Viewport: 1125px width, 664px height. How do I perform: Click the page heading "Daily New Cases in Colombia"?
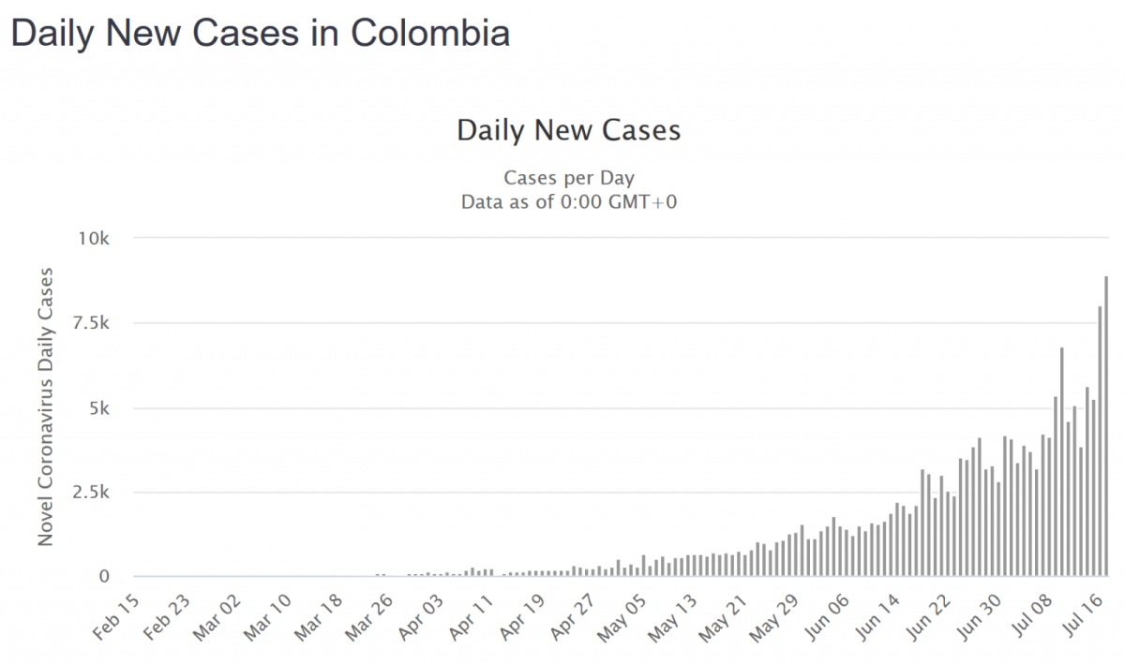click(261, 34)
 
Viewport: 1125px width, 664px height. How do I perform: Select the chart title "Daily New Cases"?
click(568, 130)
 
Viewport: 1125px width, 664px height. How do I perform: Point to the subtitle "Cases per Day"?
click(568, 178)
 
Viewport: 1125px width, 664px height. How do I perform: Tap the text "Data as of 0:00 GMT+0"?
click(568, 201)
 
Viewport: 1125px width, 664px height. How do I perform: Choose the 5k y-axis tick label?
click(98, 408)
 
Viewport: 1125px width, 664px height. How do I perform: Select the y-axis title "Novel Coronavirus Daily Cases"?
click(45, 407)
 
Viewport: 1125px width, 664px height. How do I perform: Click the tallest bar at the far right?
click(1106, 427)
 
